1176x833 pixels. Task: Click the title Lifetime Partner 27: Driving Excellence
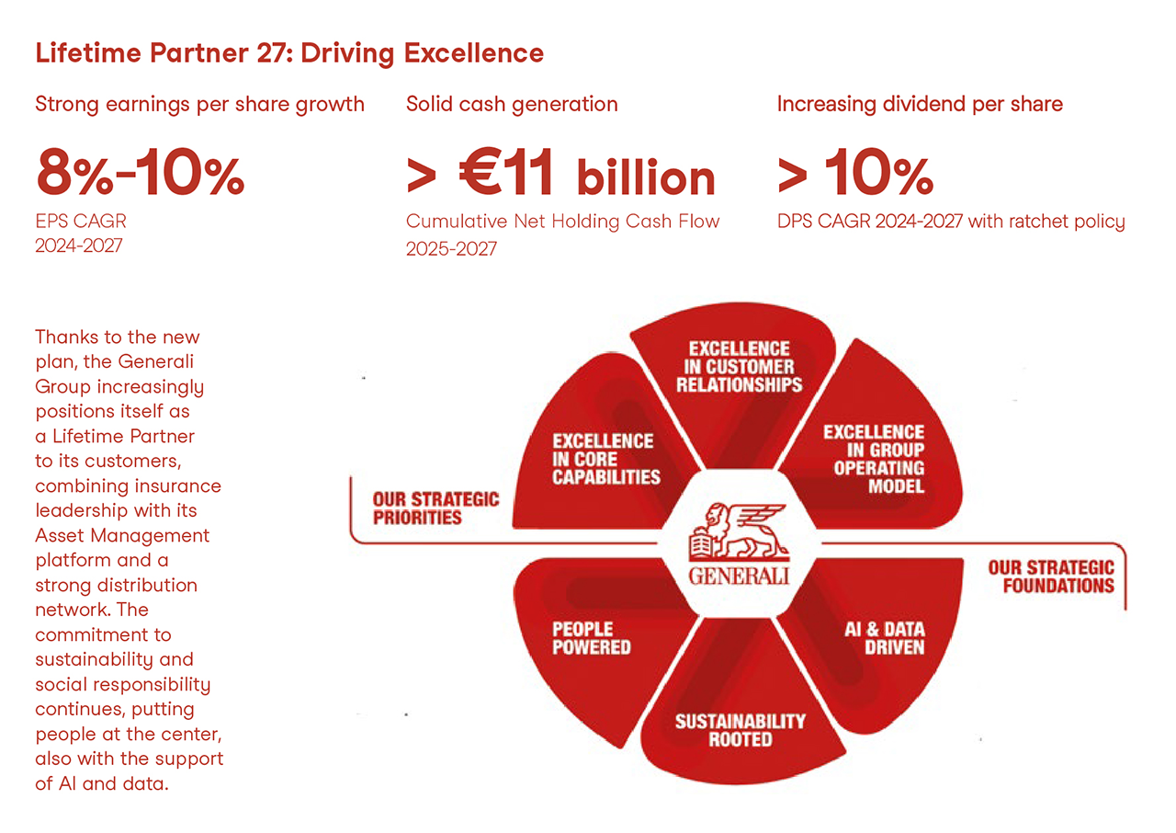pos(289,53)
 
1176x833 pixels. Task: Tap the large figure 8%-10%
pos(140,174)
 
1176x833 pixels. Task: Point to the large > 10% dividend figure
pos(854,174)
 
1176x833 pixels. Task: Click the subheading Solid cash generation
pos(512,104)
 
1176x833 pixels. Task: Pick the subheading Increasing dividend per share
pos(920,104)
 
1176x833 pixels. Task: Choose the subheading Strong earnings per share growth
pos(199,104)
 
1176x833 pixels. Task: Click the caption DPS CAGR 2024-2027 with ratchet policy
pos(951,222)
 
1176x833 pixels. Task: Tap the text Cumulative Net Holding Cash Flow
pos(562,222)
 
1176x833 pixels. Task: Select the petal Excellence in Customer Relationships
pos(740,366)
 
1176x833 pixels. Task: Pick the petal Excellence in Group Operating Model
pos(873,458)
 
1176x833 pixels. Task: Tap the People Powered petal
pos(592,637)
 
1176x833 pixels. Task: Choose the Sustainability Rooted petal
pos(740,729)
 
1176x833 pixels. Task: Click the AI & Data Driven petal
pos(884,637)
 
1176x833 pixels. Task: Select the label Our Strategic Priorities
pos(435,508)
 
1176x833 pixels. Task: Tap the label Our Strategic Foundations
pos(1051,576)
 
